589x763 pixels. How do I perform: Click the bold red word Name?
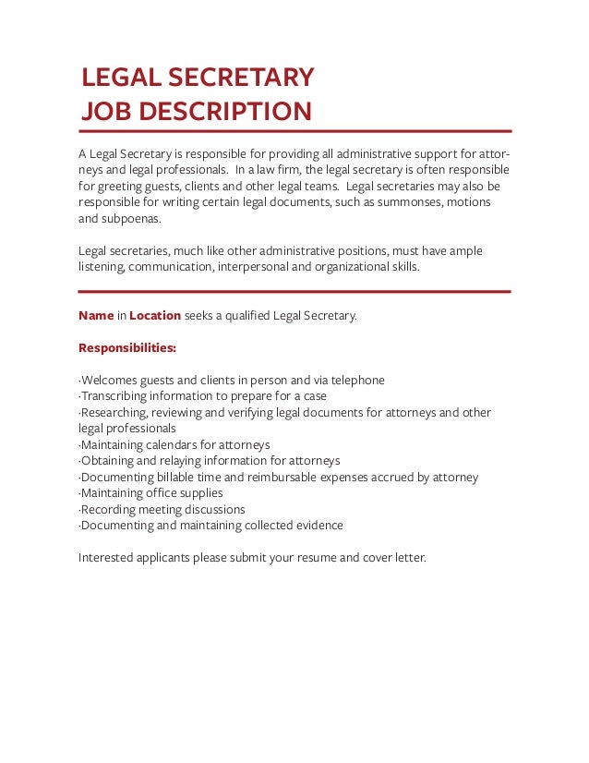tap(96, 316)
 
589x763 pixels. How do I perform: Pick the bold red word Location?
tap(155, 316)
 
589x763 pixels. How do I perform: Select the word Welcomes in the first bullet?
tap(110, 381)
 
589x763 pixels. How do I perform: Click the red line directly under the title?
tap(294, 131)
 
